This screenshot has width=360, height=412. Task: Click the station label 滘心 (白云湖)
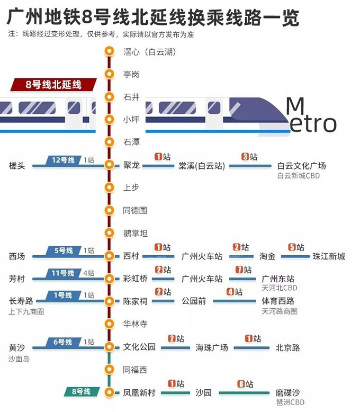coord(149,52)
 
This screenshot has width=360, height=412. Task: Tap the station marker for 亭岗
coord(110,74)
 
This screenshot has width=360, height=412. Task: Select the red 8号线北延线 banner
coord(53,85)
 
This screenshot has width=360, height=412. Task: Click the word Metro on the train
coord(311,115)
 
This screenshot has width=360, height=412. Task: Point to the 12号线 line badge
coord(63,160)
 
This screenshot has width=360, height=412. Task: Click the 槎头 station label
coord(17,166)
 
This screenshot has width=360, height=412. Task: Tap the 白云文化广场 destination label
coord(301,166)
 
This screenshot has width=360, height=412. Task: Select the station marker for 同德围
coord(110,210)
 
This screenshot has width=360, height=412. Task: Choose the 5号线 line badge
coord(63,250)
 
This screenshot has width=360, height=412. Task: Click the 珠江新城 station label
coord(329,256)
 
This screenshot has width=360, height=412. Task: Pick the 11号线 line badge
coord(63,273)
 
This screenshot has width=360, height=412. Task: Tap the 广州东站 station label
coord(278,279)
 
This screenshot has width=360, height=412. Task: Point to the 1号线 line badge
coord(63,295)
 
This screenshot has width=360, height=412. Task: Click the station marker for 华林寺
coord(110,324)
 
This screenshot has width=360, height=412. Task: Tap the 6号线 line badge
coord(63,342)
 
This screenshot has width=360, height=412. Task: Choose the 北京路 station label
coord(287,348)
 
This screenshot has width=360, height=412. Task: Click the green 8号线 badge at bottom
coord(81,392)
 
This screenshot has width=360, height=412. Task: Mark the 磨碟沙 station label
coord(287,393)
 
